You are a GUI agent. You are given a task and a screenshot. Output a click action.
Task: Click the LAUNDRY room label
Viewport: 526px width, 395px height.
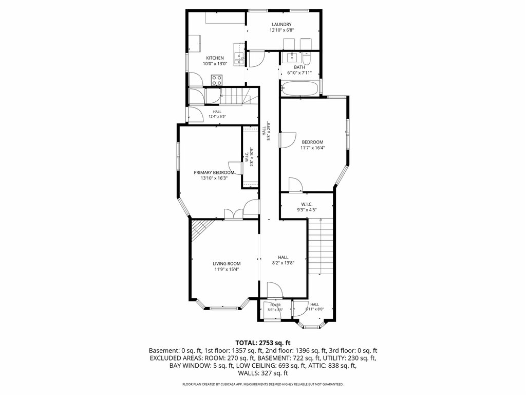click(x=281, y=24)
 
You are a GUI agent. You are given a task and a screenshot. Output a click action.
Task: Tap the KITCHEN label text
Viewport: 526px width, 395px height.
click(x=215, y=58)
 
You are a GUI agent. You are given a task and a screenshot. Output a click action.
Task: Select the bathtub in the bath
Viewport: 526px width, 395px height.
click(x=299, y=88)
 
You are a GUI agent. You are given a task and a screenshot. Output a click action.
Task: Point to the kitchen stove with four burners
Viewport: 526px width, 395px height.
click(x=217, y=80)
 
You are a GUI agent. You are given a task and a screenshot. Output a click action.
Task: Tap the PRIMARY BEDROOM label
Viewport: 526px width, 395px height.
click(x=214, y=173)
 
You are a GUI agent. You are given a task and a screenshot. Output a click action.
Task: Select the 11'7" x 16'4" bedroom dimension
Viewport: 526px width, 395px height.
click(x=313, y=148)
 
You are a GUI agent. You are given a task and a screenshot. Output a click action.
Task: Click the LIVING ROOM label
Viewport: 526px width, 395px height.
click(x=227, y=264)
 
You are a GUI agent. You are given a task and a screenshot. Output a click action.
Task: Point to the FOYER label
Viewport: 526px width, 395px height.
click(x=275, y=305)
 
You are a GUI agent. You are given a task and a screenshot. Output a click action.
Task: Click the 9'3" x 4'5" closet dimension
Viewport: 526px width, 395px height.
click(x=307, y=210)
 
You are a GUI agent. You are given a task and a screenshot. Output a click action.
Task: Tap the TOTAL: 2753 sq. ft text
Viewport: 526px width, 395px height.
click(x=262, y=343)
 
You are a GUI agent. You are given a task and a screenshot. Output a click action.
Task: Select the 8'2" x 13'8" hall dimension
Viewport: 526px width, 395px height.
click(x=283, y=263)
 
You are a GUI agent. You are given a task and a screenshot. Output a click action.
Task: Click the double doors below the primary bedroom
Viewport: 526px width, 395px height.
click(x=234, y=214)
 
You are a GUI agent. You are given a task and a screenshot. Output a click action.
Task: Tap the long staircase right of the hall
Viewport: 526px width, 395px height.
click(x=321, y=246)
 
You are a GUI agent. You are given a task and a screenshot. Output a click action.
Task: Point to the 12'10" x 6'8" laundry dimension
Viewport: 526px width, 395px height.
click(x=282, y=30)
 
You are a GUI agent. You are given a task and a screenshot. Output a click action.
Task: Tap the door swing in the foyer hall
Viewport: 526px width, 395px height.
click(x=297, y=309)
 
